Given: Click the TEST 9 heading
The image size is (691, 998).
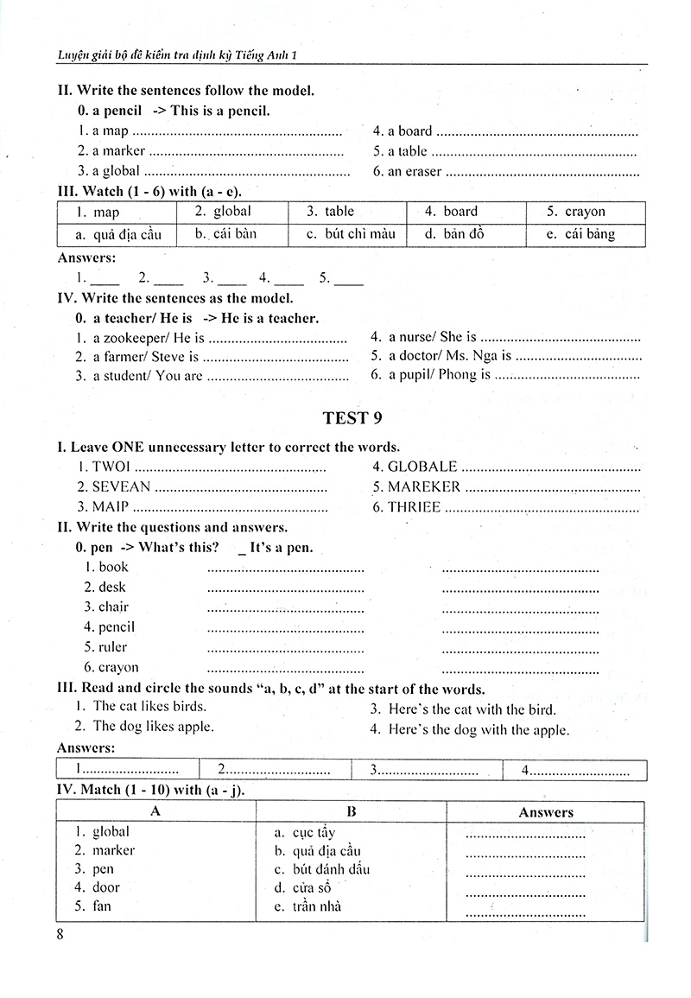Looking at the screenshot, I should pos(352,418).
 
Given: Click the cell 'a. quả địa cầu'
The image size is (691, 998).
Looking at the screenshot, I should pos(116,235).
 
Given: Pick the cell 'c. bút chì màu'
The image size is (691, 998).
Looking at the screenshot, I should pos(348,234).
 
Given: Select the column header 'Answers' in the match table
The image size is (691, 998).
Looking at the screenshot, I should pos(545,812).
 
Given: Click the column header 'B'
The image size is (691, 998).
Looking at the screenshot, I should pos(352,811).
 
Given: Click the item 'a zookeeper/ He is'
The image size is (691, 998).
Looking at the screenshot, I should pos(148,338).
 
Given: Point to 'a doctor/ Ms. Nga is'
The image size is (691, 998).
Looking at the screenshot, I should pos(449,355).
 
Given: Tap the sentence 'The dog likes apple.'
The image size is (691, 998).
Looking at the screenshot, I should pos(153,727).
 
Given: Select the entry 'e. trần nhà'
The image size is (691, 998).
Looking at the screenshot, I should pos(307,906).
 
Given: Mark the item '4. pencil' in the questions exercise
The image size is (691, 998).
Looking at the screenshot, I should pos(110,627).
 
